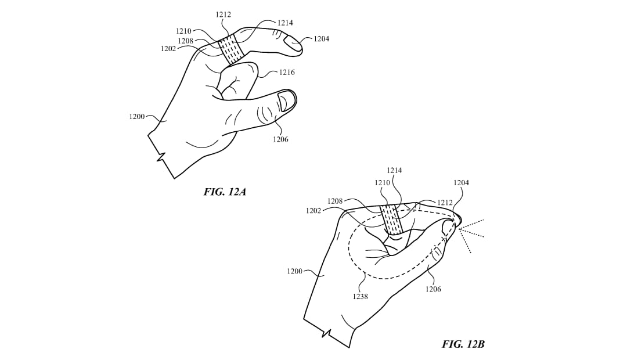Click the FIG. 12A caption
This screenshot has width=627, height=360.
225,192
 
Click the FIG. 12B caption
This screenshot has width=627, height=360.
463,344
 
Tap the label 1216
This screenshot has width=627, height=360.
287,73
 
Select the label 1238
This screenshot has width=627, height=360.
360,296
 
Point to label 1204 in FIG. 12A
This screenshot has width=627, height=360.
322,39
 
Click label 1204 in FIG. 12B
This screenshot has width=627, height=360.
461,183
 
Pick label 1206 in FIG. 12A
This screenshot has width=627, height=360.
280,139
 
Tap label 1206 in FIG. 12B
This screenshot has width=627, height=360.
433,289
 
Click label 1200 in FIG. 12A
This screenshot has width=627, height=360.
137,116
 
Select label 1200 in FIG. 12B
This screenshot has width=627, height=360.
295,271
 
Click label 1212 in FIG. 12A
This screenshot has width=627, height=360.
224,15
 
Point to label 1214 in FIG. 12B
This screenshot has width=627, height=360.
394,170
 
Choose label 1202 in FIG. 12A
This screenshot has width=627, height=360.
168,48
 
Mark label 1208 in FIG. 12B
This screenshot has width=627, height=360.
335,201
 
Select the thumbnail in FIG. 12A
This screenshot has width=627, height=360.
286,100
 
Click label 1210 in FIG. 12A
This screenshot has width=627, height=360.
183,31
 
